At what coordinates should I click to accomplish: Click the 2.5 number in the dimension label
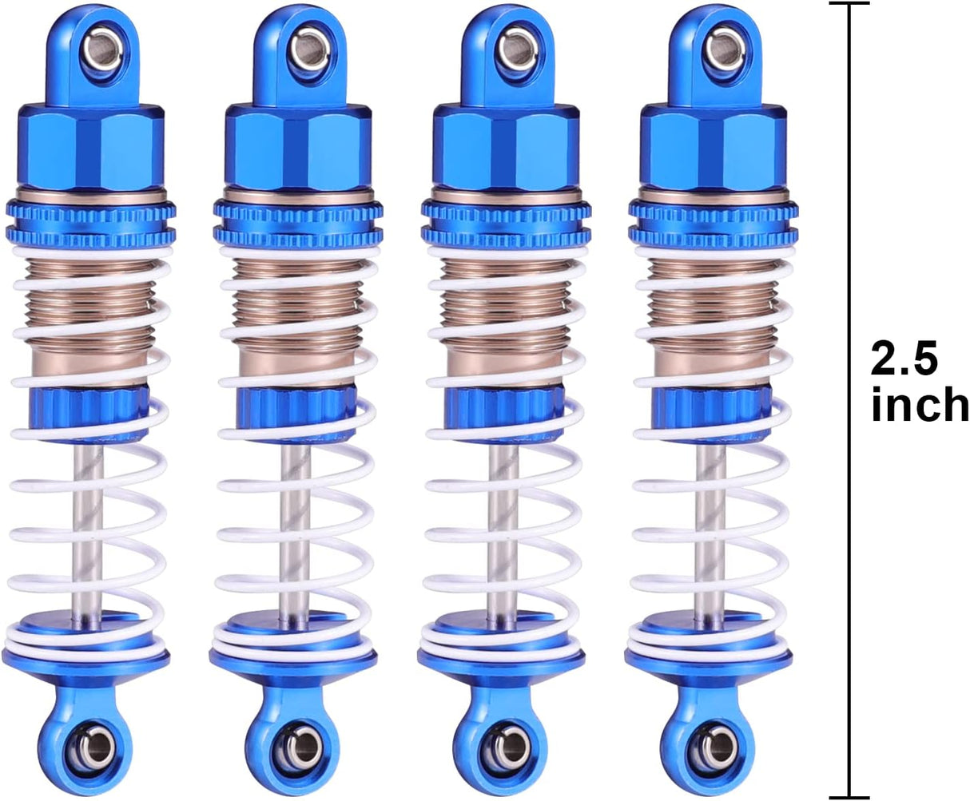click(x=904, y=360)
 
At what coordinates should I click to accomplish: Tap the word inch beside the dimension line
click(x=919, y=406)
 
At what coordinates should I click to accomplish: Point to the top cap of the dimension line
click(x=848, y=4)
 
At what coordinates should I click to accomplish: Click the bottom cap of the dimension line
click(x=848, y=796)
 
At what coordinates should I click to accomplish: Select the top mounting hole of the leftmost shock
click(x=93, y=49)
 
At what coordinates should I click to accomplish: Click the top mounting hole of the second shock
click(x=301, y=49)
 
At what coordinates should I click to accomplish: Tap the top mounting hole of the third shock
click(x=509, y=49)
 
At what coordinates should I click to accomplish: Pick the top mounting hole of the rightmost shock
click(x=717, y=49)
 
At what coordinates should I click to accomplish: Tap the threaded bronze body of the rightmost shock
click(x=710, y=311)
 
